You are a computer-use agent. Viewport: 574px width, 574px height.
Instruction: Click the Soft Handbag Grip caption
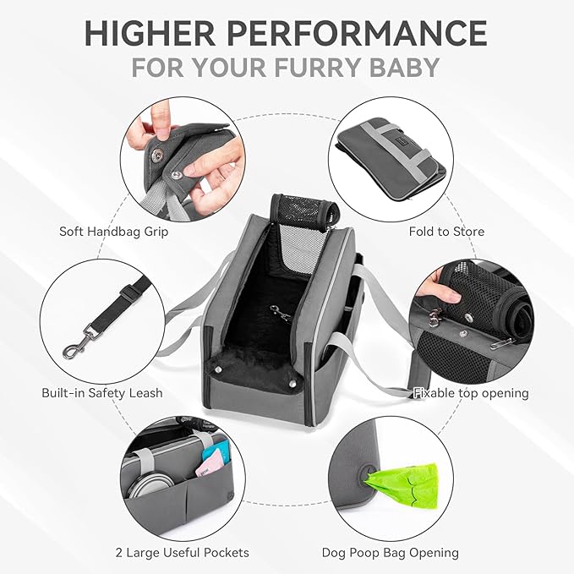[113, 231]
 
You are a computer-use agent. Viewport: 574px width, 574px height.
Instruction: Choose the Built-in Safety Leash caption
[101, 392]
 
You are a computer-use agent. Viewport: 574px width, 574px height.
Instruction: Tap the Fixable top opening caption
[471, 392]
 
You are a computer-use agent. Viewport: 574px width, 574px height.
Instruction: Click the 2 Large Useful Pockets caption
[183, 553]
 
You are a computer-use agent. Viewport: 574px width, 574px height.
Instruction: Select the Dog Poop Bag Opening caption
[390, 553]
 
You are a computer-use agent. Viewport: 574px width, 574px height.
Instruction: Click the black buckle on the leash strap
[128, 292]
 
